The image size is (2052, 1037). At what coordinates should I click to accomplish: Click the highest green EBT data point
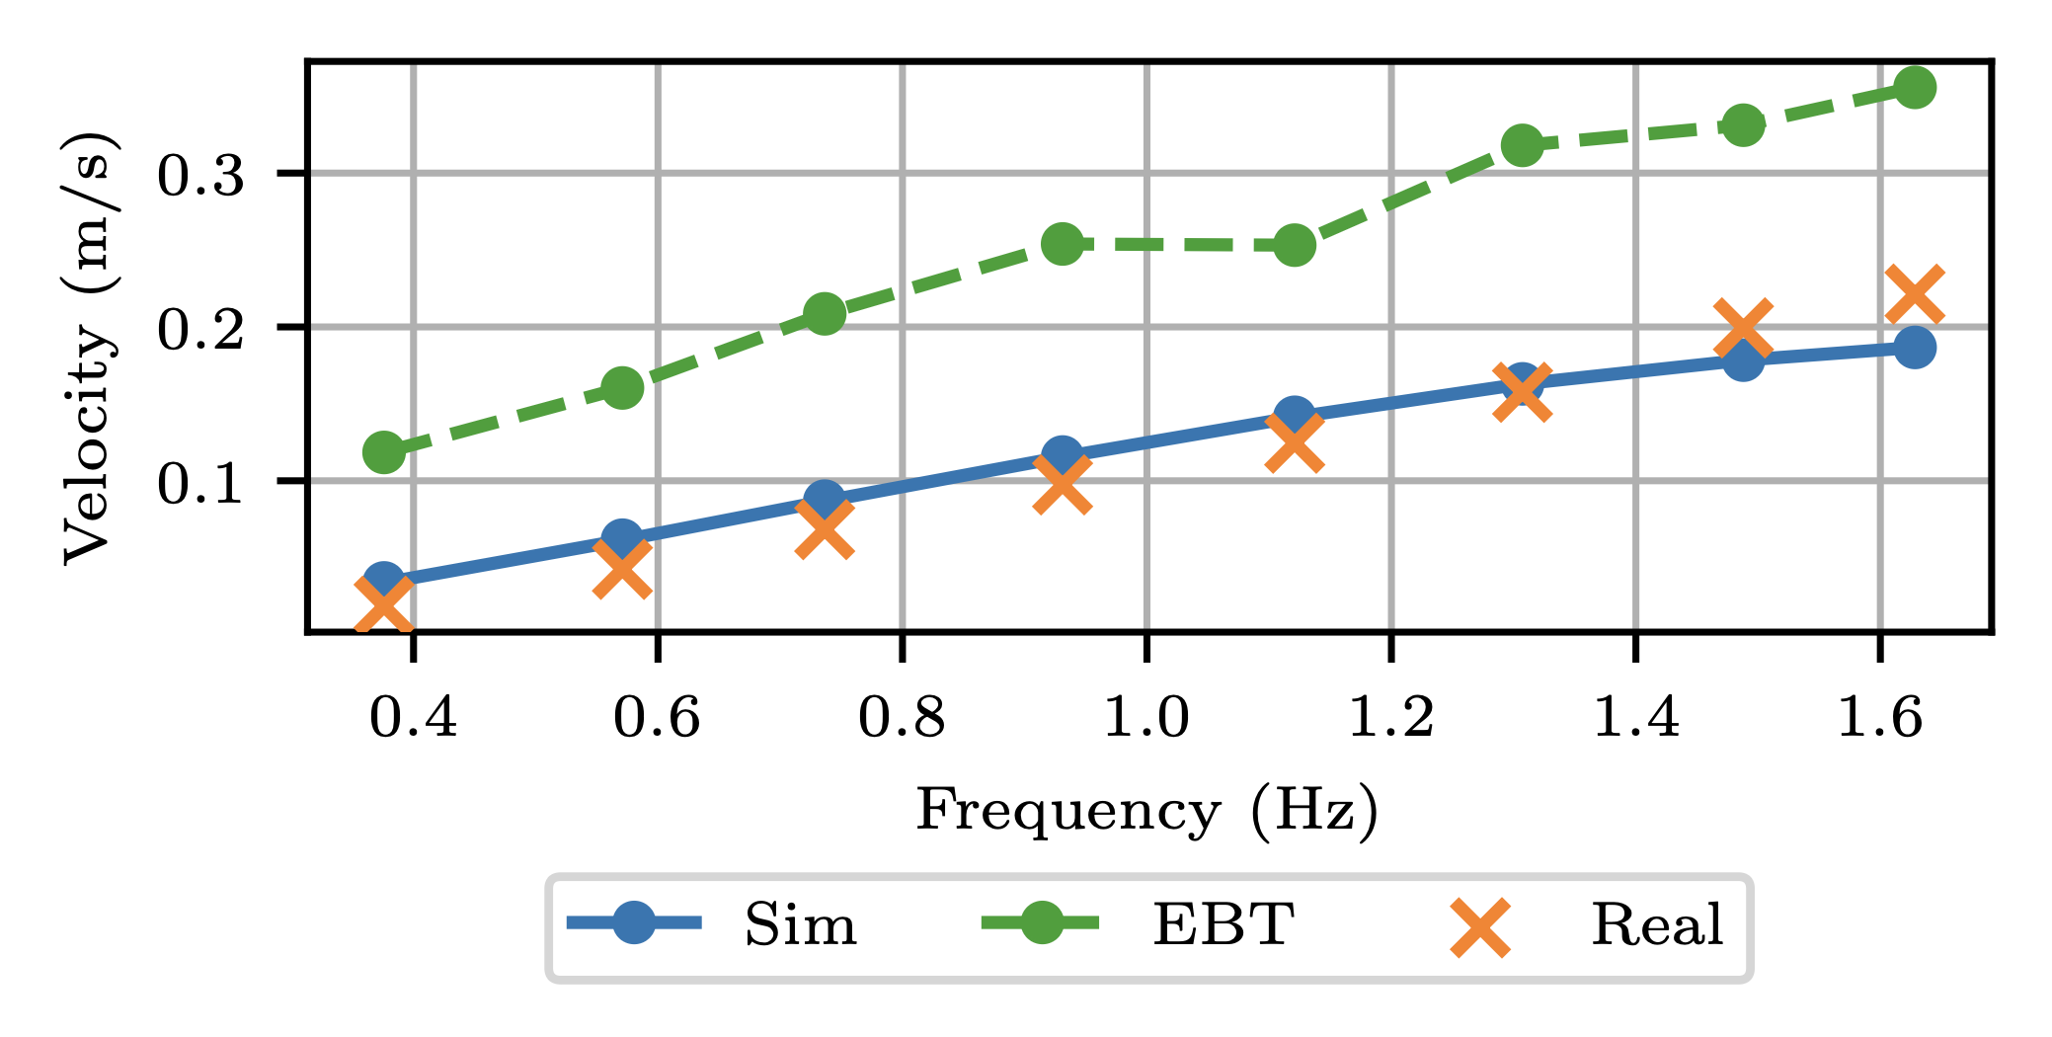tap(1914, 88)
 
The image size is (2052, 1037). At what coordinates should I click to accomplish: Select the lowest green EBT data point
tap(383, 452)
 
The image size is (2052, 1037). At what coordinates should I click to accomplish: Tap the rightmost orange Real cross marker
tap(1914, 294)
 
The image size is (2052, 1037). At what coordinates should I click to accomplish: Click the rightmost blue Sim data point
tap(1914, 348)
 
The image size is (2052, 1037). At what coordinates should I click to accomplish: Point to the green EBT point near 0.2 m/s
tap(824, 314)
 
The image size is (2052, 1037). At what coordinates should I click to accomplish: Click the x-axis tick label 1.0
tap(1145, 717)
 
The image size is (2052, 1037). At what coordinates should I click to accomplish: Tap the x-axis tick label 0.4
tap(413, 717)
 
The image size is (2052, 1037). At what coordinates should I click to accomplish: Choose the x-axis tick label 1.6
tap(1879, 717)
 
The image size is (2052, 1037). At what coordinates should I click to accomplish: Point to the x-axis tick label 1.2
tap(1390, 717)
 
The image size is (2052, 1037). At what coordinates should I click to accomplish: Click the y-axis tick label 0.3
tap(200, 177)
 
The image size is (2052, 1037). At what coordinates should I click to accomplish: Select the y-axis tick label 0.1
tap(200, 484)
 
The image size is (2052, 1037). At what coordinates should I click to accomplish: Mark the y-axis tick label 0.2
tap(200, 330)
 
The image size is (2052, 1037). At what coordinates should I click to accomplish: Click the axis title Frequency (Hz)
tap(1146, 812)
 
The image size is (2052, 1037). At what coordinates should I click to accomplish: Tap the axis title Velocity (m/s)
tap(91, 347)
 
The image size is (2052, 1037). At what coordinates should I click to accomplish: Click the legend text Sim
tap(800, 925)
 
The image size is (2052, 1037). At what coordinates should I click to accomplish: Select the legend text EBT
tap(1223, 925)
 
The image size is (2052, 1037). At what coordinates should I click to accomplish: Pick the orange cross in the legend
tap(1479, 926)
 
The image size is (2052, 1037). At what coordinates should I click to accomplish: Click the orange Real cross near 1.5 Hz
tap(1743, 330)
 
